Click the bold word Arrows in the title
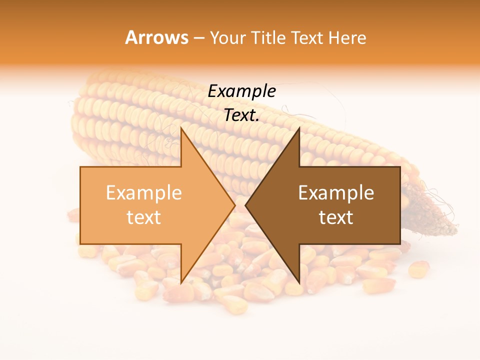[157, 37]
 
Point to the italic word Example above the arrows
[241, 91]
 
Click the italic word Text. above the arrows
[241, 115]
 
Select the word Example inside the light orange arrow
[144, 193]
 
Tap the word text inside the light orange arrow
[144, 217]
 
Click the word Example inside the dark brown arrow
[336, 193]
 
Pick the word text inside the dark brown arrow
[336, 217]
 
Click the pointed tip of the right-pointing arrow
[235, 205]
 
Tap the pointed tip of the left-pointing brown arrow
[245, 205]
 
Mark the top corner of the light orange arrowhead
[181, 128]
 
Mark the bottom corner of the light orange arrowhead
[181, 283]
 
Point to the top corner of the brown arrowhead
[299, 128]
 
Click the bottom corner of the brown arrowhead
[299, 283]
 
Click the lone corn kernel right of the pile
[418, 269]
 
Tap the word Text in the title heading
[308, 37]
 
